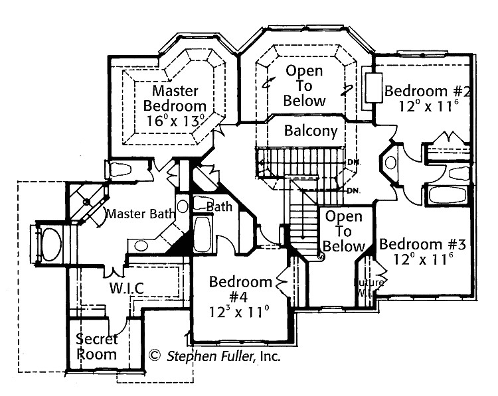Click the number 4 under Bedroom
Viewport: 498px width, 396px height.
click(x=240, y=297)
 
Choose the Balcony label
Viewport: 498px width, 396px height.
click(x=311, y=131)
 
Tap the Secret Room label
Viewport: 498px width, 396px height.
click(x=97, y=346)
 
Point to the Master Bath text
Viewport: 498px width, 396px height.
click(x=140, y=214)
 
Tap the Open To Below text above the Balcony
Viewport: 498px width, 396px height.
click(x=305, y=86)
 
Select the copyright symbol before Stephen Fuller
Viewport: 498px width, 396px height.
click(x=155, y=356)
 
